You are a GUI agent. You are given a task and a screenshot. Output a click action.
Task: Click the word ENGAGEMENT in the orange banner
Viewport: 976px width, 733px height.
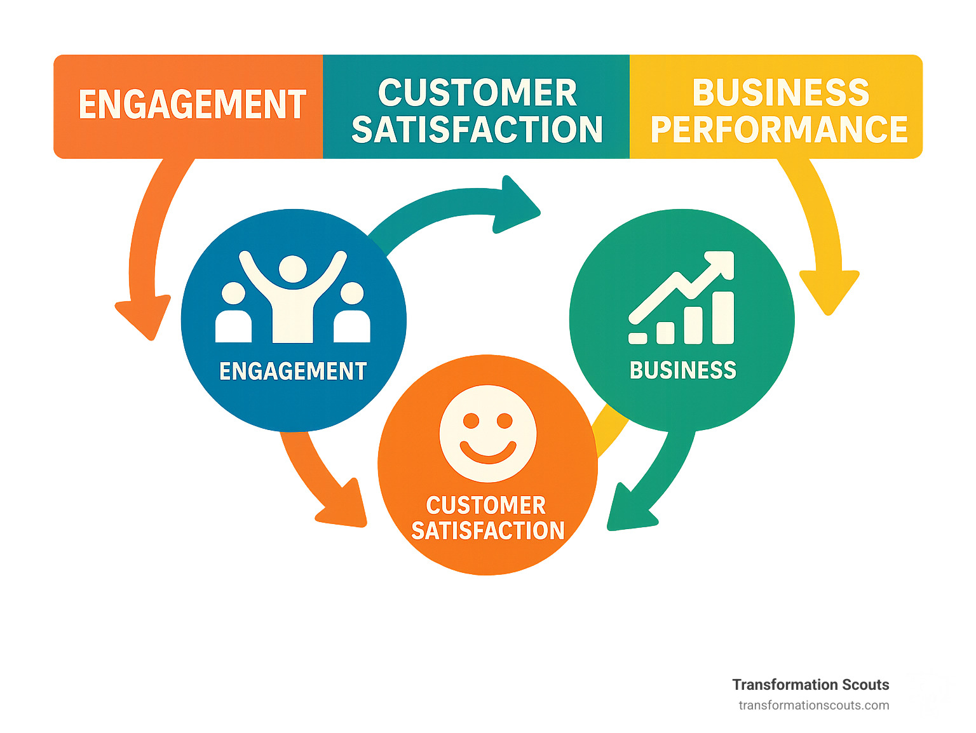pyautogui.click(x=192, y=105)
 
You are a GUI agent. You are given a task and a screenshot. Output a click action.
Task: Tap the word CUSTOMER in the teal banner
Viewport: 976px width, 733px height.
pyautogui.click(x=477, y=93)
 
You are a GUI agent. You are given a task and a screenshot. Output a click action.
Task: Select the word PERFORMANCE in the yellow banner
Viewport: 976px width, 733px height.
pyautogui.click(x=779, y=130)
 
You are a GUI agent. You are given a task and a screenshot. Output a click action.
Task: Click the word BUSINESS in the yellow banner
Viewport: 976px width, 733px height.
pyautogui.click(x=780, y=93)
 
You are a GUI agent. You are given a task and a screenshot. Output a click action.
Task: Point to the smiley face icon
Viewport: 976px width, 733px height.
pyautogui.click(x=488, y=434)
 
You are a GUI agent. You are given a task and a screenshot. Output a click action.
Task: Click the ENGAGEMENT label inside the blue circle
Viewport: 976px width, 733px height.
pyautogui.click(x=293, y=371)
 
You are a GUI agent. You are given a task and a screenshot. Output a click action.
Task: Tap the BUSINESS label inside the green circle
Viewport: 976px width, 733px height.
pyautogui.click(x=682, y=370)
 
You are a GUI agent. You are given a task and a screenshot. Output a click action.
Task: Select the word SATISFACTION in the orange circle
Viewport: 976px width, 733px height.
pyautogui.click(x=487, y=530)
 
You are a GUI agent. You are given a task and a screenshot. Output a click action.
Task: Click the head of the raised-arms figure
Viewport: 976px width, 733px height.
pyautogui.click(x=293, y=269)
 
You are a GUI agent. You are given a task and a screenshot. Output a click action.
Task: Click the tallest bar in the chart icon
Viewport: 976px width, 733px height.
pyautogui.click(x=723, y=318)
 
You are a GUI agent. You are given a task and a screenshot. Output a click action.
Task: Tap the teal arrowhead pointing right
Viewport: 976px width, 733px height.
pyautogui.click(x=516, y=205)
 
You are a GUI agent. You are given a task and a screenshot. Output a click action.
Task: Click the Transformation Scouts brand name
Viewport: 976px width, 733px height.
pyautogui.click(x=810, y=685)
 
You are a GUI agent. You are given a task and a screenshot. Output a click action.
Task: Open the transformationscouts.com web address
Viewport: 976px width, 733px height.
pyautogui.click(x=813, y=705)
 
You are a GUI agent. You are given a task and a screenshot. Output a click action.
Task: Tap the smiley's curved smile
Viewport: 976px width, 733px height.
pyautogui.click(x=488, y=452)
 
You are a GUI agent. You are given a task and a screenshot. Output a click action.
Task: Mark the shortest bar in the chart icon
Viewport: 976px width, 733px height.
pyautogui.click(x=637, y=338)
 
